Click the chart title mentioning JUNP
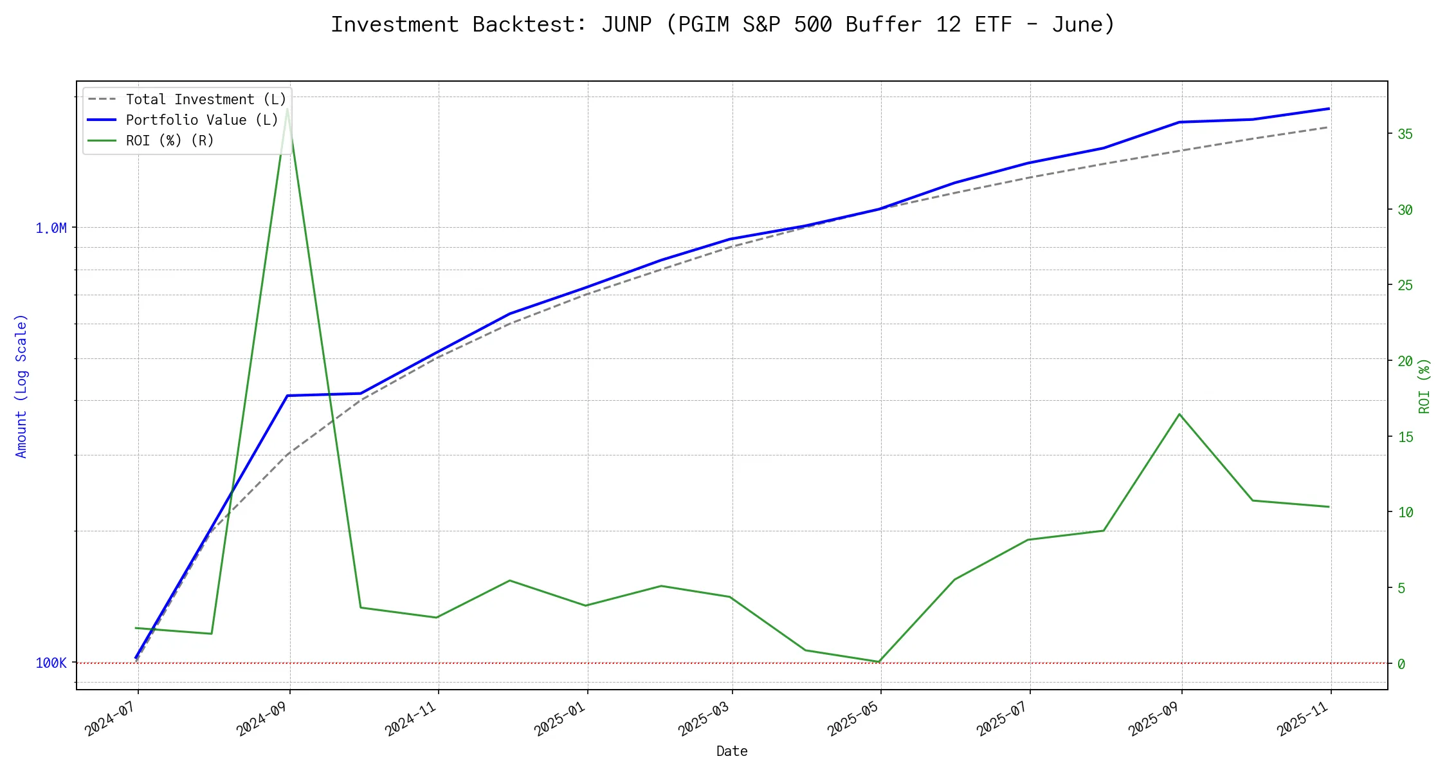click(723, 24)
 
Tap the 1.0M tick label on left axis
click(51, 228)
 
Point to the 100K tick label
click(51, 663)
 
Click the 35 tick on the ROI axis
click(1405, 134)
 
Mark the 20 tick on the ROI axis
click(1405, 362)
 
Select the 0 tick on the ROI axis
click(1401, 664)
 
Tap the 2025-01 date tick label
click(560, 718)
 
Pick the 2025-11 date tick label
click(1303, 718)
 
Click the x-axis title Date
click(732, 751)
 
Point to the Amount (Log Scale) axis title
click(21, 386)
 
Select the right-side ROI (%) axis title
click(1425, 386)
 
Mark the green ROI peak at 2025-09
click(1179, 414)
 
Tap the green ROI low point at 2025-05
click(878, 662)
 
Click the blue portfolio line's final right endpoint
click(1329, 109)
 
